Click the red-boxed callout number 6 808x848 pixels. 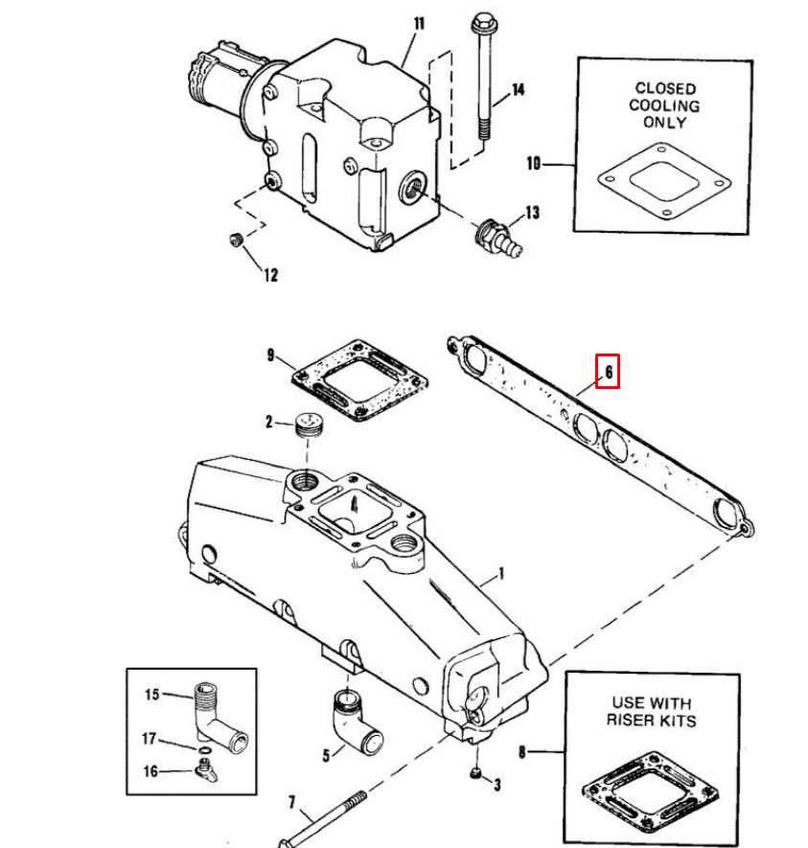(609, 372)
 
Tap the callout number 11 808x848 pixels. (419, 24)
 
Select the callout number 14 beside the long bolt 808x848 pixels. (519, 89)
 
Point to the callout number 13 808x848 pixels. (532, 213)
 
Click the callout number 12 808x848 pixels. (271, 275)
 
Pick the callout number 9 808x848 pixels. (271, 355)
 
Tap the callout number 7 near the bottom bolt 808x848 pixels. (292, 802)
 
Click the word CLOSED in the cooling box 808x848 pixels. (665, 88)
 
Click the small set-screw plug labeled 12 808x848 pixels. (236, 239)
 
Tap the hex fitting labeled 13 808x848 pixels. (497, 239)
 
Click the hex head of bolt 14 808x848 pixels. (485, 24)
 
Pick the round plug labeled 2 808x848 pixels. (310, 424)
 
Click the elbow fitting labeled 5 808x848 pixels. (356, 722)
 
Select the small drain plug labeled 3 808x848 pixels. (475, 773)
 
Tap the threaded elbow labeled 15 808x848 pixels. (217, 716)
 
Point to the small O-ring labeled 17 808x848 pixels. (205, 750)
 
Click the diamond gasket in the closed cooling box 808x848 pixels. (664, 181)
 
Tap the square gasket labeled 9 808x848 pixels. (359, 380)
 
